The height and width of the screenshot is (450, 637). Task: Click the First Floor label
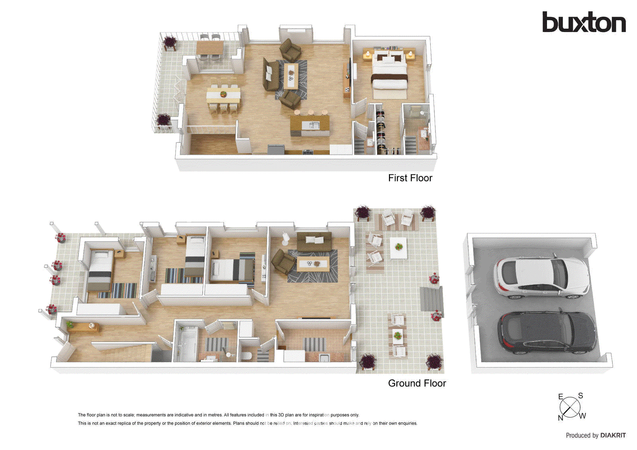point(410,178)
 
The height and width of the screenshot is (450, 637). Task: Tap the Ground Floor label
point(417,383)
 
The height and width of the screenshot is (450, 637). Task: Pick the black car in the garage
point(547,332)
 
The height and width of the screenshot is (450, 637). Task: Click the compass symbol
point(570,407)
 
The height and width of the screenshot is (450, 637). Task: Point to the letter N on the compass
point(561,418)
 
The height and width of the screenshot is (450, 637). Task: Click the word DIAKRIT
point(613,435)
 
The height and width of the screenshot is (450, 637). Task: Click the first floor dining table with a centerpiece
point(223,95)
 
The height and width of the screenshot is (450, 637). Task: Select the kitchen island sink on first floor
point(311,126)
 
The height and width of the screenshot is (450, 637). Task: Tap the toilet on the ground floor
point(246,355)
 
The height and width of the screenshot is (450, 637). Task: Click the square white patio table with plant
point(399,248)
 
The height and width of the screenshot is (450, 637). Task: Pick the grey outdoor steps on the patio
point(432,299)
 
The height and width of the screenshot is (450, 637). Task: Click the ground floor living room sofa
point(314,242)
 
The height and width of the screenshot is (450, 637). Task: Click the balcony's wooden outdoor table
point(210,49)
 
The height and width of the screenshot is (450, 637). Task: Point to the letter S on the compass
point(580,395)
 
